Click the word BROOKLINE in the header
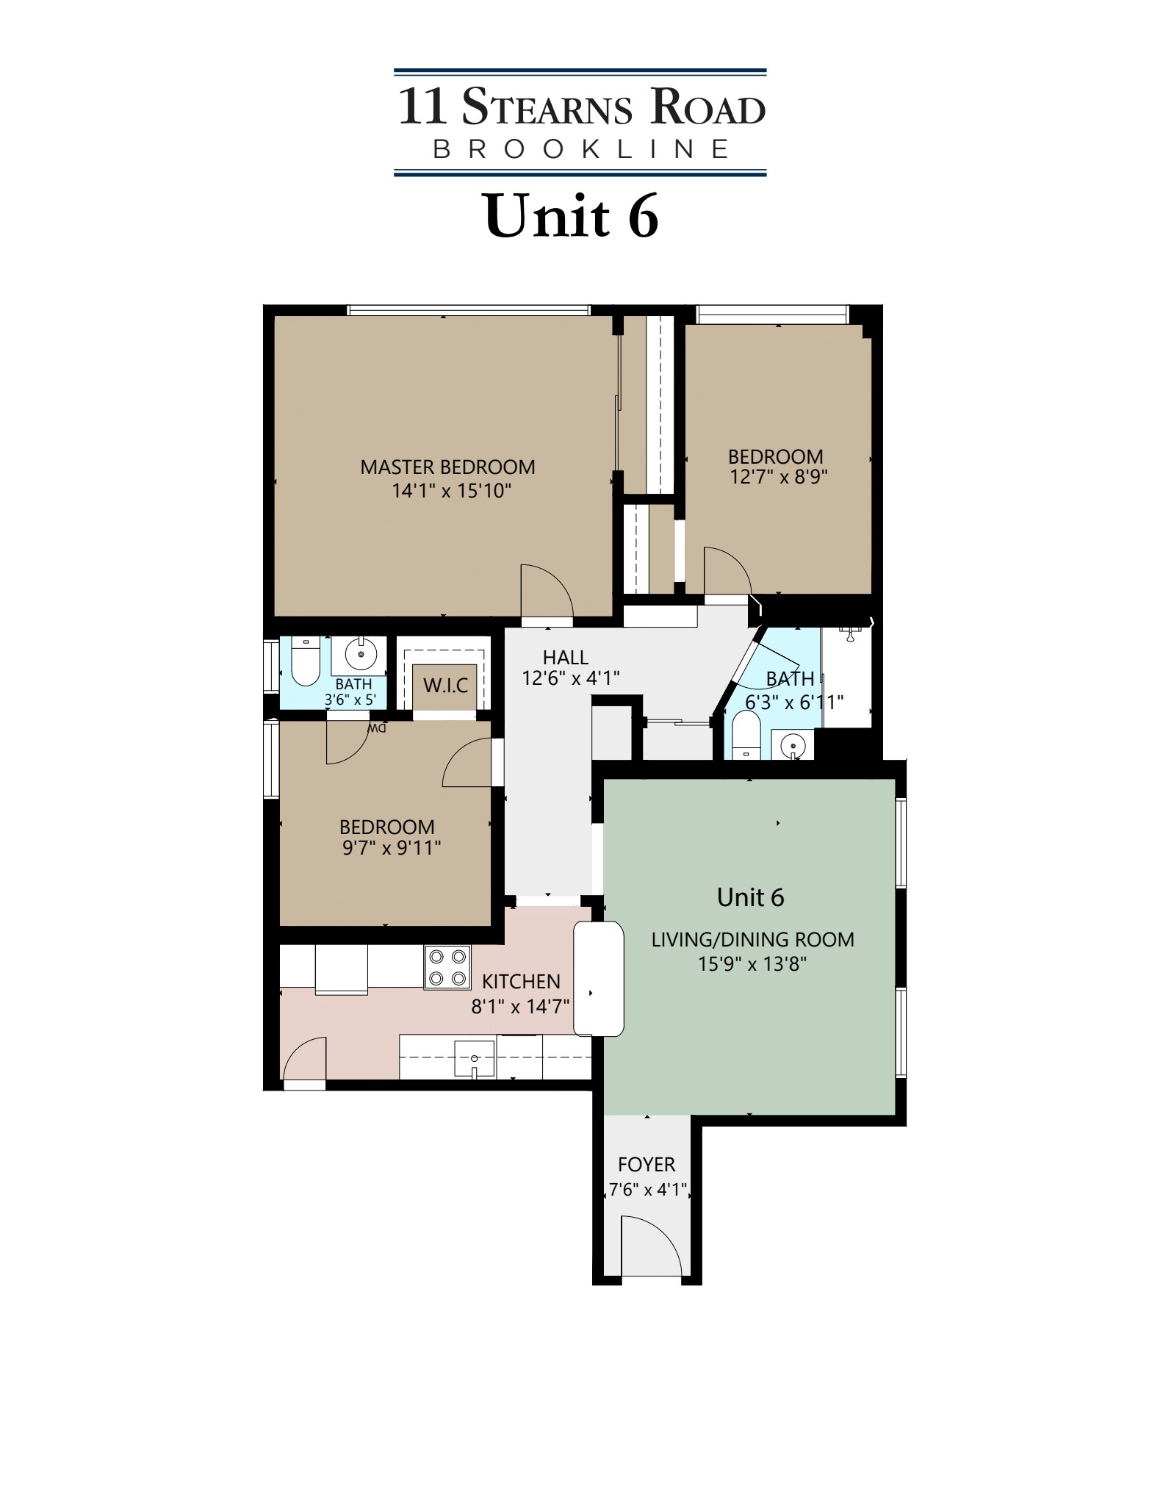(580, 149)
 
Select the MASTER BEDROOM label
(447, 467)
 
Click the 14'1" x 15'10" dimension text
(451, 491)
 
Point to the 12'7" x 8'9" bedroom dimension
(778, 477)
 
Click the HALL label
(566, 657)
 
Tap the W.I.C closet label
(445, 686)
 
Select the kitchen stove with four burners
(448, 967)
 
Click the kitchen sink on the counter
(475, 1059)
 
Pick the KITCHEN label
(521, 981)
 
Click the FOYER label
(647, 1164)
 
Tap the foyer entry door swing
(650, 1247)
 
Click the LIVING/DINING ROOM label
(752, 939)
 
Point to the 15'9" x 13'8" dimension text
(752, 963)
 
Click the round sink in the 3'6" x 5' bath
(360, 653)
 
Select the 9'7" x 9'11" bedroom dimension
(391, 848)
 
